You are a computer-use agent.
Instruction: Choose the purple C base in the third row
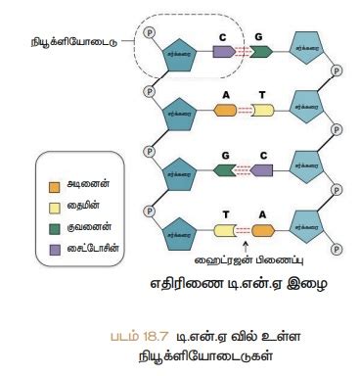tap(262, 170)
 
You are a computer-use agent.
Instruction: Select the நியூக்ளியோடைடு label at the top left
tap(63, 42)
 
